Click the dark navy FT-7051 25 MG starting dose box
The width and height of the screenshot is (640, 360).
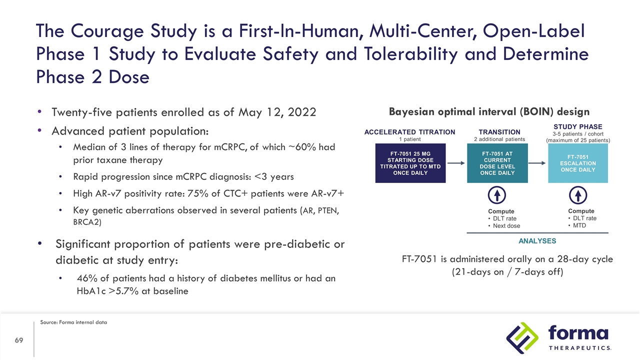coord(410,163)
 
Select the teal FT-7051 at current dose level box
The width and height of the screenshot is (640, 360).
coord(497,163)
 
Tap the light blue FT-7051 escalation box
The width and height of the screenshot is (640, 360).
coord(578,163)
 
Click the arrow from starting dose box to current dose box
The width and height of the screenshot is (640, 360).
coord(456,163)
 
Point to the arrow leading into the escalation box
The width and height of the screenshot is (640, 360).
coord(538,163)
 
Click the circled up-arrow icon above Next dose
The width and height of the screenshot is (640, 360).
coord(498,195)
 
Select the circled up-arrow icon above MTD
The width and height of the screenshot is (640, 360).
coord(578,195)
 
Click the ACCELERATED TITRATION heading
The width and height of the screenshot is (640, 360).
coord(409,132)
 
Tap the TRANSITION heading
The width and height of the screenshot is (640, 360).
coord(499,132)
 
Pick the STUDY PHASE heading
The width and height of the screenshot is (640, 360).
coord(578,127)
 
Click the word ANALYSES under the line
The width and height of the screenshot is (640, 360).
coord(537,241)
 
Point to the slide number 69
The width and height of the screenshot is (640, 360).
coord(19,340)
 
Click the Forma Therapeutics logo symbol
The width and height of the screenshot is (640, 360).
coord(521,338)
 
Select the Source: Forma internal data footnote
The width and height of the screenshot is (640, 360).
coord(73,322)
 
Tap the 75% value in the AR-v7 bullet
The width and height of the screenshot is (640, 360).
coord(204,193)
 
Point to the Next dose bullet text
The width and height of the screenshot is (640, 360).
coord(506,226)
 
